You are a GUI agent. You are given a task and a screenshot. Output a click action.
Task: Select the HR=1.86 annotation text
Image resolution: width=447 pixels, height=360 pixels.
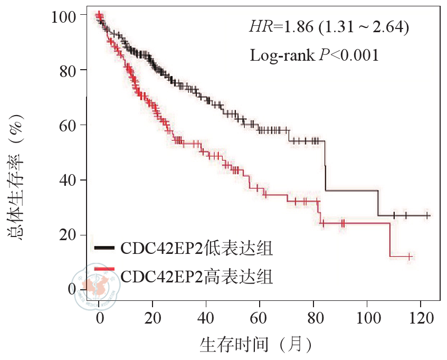coord(329,26)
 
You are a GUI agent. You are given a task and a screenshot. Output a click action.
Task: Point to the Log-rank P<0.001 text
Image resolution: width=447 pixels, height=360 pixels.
coord(314,54)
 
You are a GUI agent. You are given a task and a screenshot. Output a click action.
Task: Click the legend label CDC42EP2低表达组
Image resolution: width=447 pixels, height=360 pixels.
coord(196,248)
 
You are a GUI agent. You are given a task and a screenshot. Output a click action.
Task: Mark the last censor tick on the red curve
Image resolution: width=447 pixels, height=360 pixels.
coord(409,257)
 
